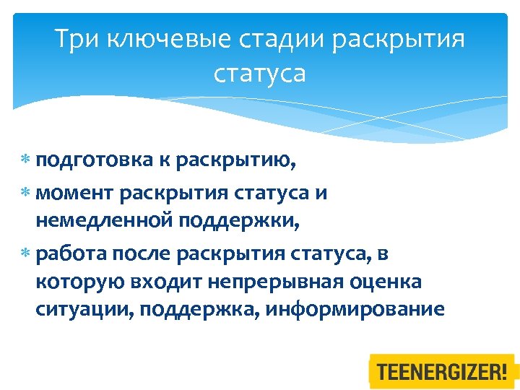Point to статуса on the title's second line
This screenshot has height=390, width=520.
[x=260, y=73]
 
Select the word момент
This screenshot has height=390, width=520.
[x=74, y=193]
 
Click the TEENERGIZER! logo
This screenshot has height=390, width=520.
[x=442, y=373]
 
